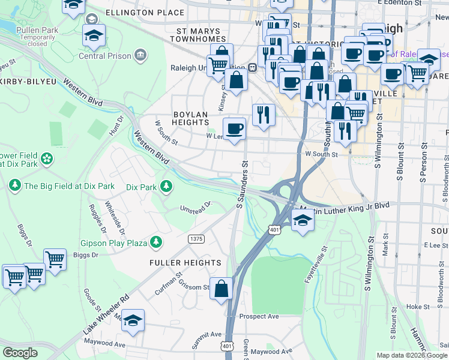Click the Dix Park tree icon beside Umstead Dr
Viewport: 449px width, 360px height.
coord(165,187)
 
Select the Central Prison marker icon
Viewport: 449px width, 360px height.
coord(140,55)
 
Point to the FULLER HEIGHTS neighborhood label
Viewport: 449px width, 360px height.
coord(185,263)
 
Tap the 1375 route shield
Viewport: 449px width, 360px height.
coord(196,239)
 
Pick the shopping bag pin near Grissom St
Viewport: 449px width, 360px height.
coord(221,288)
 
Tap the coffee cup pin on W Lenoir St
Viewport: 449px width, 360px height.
coord(234,128)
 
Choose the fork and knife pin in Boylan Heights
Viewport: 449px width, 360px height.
coord(263,114)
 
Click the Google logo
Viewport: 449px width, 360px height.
coord(20,352)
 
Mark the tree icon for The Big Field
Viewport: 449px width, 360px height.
coord(14,186)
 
